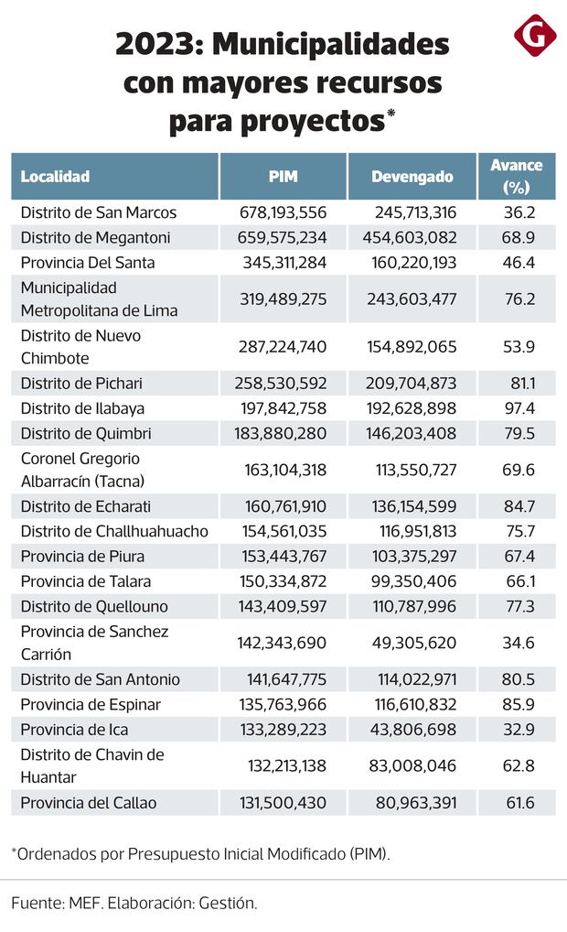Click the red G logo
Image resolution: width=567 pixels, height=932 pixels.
(x=535, y=38)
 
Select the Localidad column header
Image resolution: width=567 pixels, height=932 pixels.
(x=55, y=177)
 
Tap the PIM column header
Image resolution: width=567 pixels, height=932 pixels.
(x=283, y=177)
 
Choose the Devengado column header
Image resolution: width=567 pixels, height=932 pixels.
(x=412, y=177)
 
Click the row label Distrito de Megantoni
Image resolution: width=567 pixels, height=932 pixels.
(x=96, y=238)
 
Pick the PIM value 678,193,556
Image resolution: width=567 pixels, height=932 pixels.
(x=284, y=212)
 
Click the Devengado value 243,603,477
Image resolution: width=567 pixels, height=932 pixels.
(x=415, y=298)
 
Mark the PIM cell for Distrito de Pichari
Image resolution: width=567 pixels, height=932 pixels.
(x=284, y=383)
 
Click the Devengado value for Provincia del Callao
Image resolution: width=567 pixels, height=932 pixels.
(x=415, y=803)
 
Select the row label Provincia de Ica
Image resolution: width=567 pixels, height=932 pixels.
(x=74, y=730)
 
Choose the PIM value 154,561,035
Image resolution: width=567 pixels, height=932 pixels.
(x=284, y=532)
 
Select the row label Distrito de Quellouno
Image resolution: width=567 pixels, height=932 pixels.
(x=95, y=606)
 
